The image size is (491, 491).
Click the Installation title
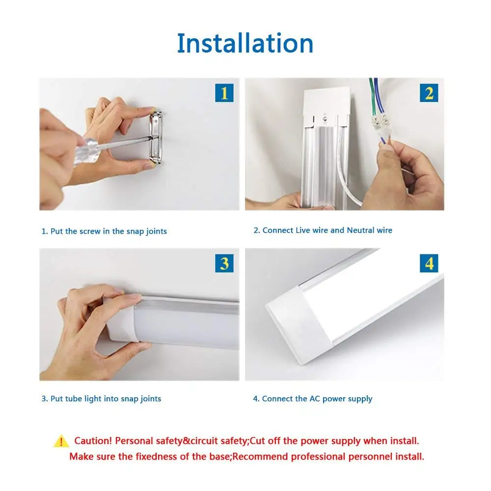[x=245, y=43]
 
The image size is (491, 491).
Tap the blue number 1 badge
[x=224, y=93]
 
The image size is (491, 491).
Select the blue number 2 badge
[x=429, y=93]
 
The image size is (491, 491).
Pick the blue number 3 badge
[x=224, y=263]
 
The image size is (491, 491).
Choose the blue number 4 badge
[x=429, y=263]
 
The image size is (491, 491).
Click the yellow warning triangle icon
[x=61, y=441]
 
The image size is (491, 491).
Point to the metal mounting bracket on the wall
[x=156, y=136]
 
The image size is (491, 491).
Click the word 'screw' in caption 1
[x=89, y=231]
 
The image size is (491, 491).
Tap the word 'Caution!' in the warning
[x=93, y=441]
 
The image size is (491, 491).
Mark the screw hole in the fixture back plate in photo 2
[x=324, y=118]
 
